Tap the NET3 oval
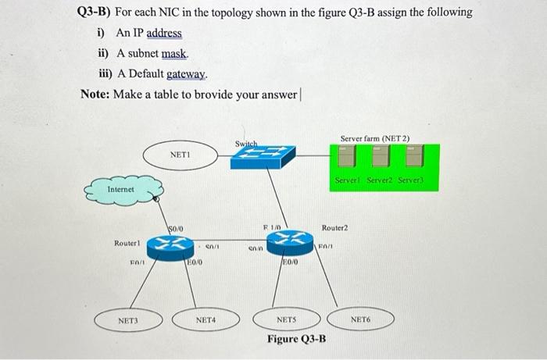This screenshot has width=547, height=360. pos(128,319)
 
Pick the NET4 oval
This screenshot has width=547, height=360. pos(206,319)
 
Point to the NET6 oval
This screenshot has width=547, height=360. pos(359,319)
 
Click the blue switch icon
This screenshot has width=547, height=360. pos(263,158)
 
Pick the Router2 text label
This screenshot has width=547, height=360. pos(334,227)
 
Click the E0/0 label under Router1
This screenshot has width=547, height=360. pos(195,263)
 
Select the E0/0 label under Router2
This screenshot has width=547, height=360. pos(290,263)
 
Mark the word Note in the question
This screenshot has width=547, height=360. pos(95,94)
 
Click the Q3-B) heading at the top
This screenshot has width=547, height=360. pos(94,12)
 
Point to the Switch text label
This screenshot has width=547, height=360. pos(246,144)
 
